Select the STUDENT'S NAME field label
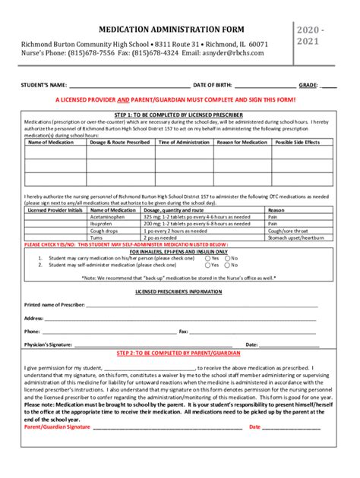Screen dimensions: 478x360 coord(45,86)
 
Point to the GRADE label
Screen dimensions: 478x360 coord(308,86)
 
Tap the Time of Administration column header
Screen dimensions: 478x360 coord(182,143)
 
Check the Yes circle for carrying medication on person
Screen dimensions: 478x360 coord(208,258)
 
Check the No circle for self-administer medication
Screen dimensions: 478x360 coord(227,265)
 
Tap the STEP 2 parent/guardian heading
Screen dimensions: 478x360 coord(179,354)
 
